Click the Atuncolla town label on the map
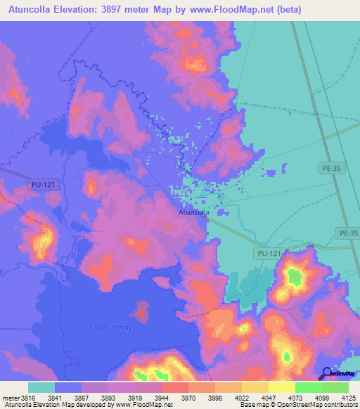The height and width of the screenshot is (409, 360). pyautogui.click(x=192, y=212)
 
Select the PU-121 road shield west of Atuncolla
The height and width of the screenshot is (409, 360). pyautogui.click(x=41, y=184)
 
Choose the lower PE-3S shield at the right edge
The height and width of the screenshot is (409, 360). pyautogui.click(x=347, y=233)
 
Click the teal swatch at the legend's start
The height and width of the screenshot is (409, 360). pyautogui.click(x=41, y=387)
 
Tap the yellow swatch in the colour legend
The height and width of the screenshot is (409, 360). pyautogui.click(x=281, y=387)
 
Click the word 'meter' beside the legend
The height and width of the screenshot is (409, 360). pyautogui.click(x=8, y=398)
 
